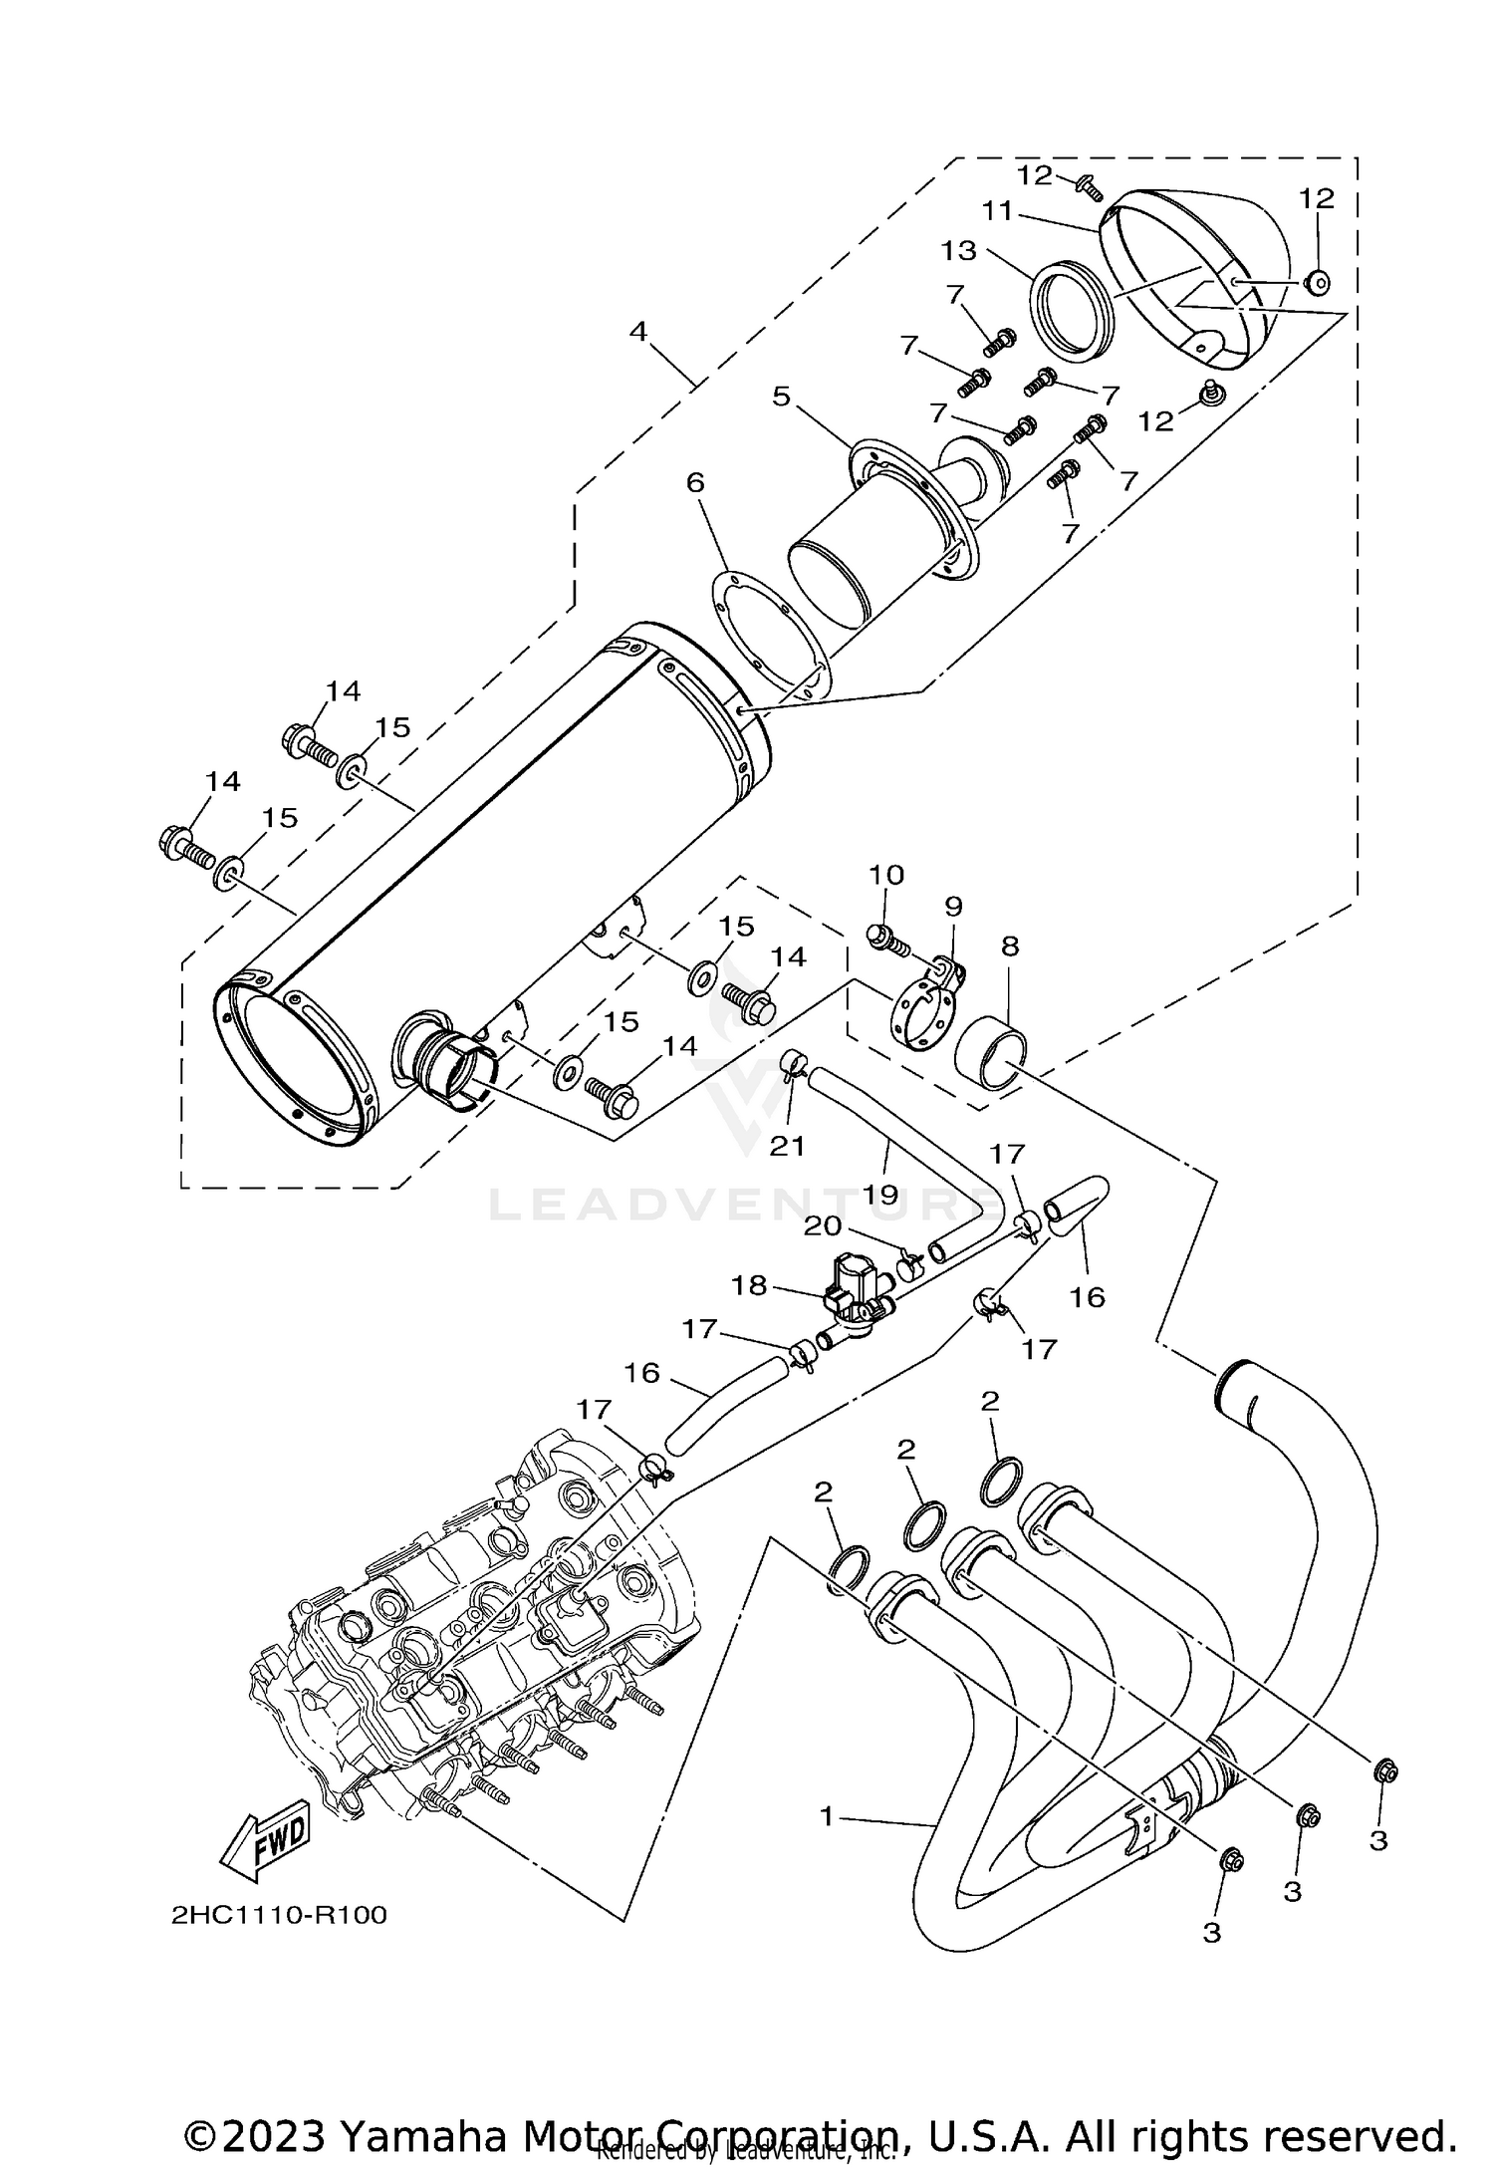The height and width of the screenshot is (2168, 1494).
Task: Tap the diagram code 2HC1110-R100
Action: (278, 1915)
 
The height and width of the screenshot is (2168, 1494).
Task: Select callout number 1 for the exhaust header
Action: (826, 1815)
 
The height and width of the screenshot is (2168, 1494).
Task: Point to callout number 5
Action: (782, 397)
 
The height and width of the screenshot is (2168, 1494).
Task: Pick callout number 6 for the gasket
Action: (695, 483)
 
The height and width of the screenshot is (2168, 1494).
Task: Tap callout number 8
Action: (1010, 947)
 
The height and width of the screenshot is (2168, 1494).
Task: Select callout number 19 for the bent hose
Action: (881, 1193)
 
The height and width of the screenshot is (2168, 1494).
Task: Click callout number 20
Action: (823, 1226)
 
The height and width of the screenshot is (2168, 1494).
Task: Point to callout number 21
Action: (787, 1147)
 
